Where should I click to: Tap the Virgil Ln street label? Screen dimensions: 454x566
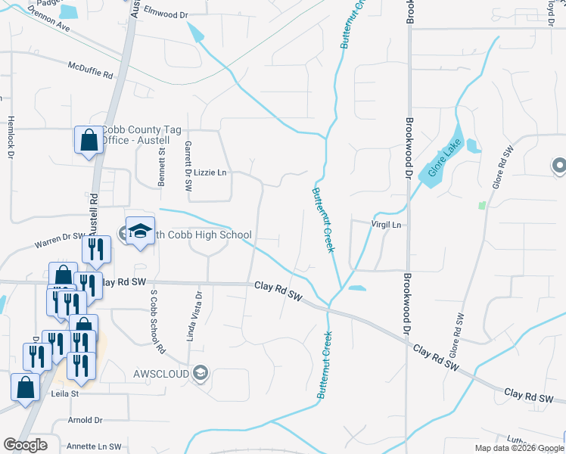click(x=385, y=225)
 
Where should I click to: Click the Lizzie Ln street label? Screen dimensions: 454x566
click(x=210, y=173)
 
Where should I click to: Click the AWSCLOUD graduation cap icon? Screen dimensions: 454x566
click(x=200, y=372)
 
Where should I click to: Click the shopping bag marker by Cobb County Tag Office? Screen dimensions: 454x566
click(x=89, y=140)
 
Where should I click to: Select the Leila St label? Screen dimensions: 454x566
click(x=65, y=393)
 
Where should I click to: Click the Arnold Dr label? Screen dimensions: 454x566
click(x=84, y=420)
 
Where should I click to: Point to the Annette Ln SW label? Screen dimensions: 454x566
click(x=95, y=446)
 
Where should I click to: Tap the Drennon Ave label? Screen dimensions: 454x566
click(x=48, y=20)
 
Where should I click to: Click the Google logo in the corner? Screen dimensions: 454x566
click(x=25, y=445)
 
